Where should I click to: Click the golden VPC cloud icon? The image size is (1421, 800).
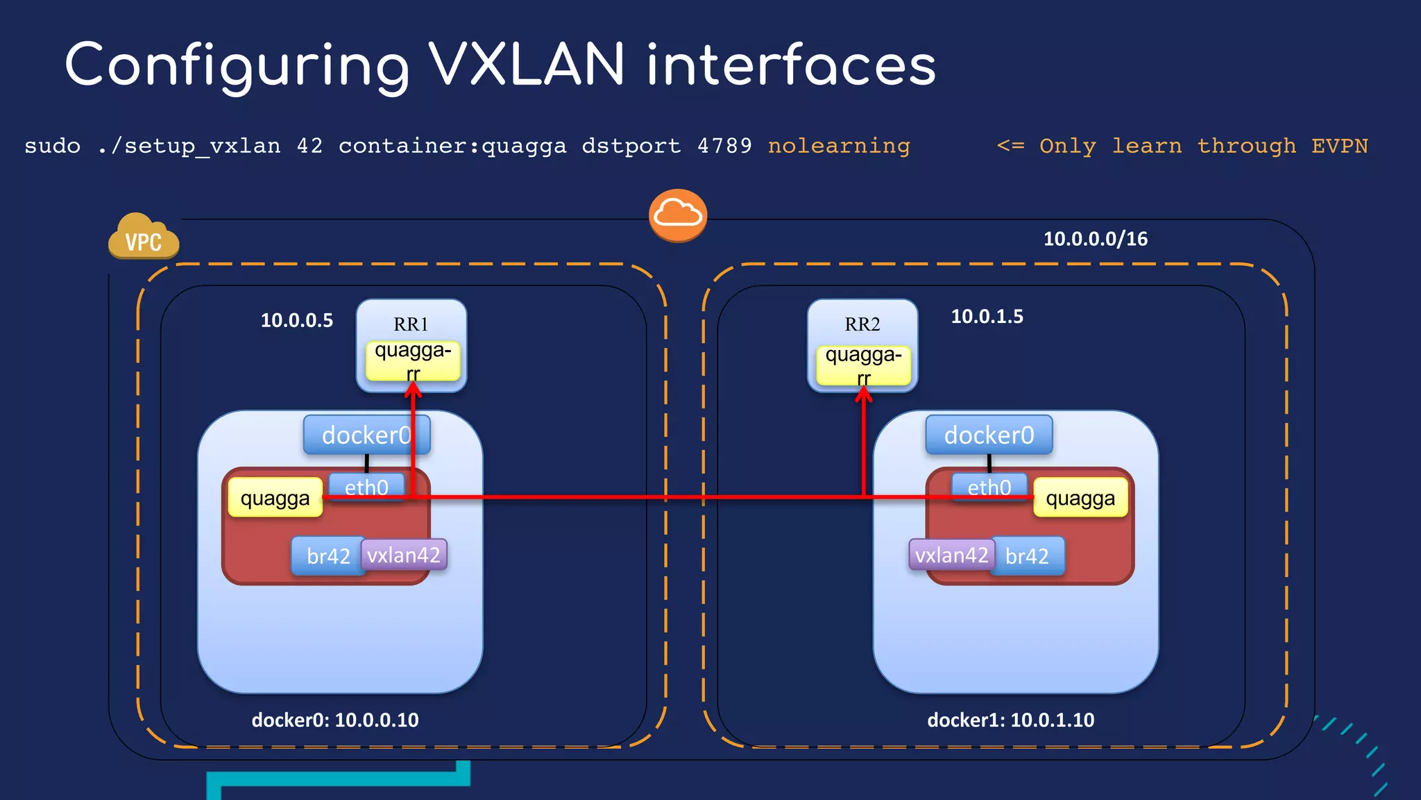(x=144, y=237)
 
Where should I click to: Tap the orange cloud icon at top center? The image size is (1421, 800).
(x=678, y=215)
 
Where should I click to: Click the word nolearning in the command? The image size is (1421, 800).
(x=838, y=146)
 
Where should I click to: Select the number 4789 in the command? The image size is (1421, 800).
(x=724, y=146)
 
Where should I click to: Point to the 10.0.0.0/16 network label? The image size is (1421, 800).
(x=1095, y=239)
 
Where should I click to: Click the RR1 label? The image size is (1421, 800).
(x=411, y=324)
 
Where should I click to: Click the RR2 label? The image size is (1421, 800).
(x=862, y=324)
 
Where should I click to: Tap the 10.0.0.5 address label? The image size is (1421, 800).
(x=296, y=320)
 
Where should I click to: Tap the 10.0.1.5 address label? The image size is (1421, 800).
(x=986, y=317)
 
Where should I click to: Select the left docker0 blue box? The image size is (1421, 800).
(x=366, y=435)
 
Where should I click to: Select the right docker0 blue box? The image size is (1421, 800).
(x=989, y=435)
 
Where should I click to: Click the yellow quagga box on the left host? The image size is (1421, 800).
(x=275, y=498)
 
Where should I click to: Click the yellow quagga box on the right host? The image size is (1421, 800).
(x=1080, y=498)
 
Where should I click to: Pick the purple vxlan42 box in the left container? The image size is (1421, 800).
(x=404, y=555)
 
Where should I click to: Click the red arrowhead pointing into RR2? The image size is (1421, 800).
(x=863, y=394)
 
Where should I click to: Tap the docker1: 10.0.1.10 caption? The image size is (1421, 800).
(x=1010, y=720)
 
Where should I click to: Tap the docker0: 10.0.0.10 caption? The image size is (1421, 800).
(x=335, y=720)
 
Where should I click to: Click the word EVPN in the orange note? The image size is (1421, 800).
(x=1339, y=146)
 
